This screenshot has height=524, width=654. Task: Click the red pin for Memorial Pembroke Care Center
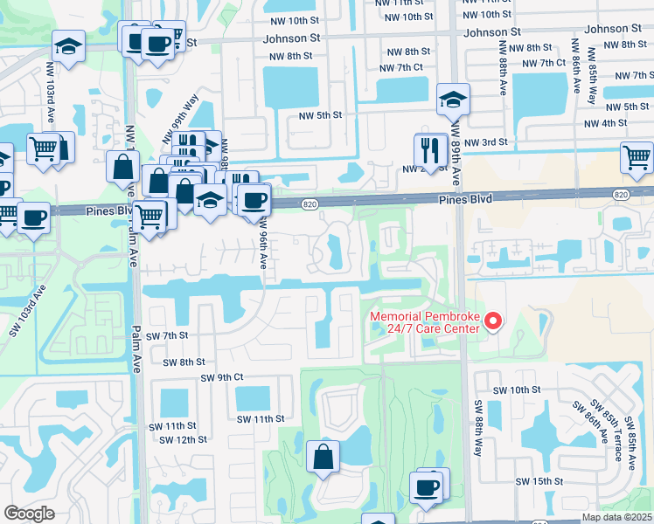492,321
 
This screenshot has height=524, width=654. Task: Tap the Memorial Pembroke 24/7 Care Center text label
426,322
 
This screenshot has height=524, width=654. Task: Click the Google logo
29,514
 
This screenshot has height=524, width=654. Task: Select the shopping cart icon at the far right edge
637,157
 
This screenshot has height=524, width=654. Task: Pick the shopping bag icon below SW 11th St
323,456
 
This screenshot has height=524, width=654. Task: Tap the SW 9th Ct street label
221,377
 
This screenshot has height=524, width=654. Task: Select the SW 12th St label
180,439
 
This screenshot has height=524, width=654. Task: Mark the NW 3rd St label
486,142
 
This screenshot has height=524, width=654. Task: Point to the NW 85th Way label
592,82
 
